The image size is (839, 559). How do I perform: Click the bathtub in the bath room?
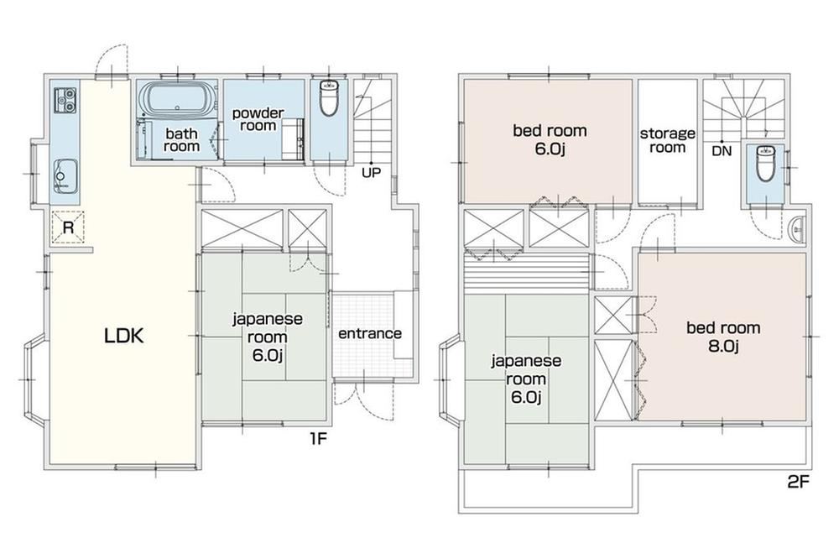[x=177, y=99]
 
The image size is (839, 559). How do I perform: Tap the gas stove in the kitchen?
[x=65, y=100]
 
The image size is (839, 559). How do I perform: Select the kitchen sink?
[x=65, y=176]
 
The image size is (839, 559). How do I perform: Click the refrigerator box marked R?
[x=68, y=227]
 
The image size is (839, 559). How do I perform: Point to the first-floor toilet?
[x=328, y=98]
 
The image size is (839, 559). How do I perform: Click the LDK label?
[x=123, y=337]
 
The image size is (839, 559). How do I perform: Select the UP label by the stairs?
[x=371, y=174]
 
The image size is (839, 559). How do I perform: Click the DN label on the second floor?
[x=722, y=151]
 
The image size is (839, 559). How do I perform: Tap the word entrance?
[x=370, y=333]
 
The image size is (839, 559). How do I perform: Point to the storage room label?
[x=667, y=140]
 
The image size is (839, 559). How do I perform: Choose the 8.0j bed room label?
[x=723, y=337]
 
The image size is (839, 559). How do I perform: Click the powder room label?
[x=258, y=119]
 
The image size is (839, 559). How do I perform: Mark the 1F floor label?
[x=317, y=439]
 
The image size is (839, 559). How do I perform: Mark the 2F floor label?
[x=798, y=483]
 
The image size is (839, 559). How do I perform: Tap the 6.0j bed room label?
[x=550, y=139]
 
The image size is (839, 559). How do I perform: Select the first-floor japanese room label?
[x=267, y=337]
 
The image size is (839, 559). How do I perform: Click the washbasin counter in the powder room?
[x=293, y=139]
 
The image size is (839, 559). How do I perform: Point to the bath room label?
[x=181, y=139]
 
